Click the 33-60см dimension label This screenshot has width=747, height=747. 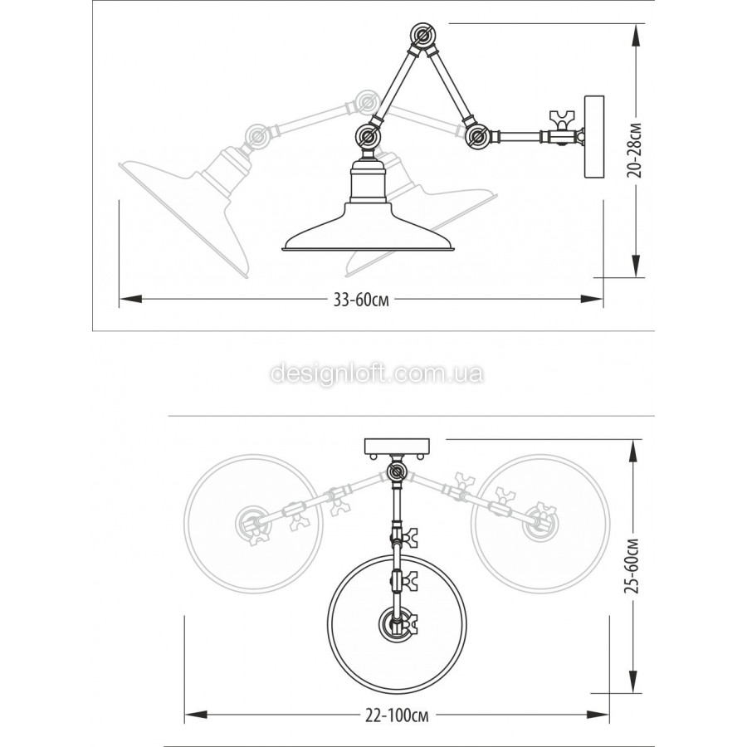click(361, 300)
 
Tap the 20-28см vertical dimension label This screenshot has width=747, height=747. click(635, 150)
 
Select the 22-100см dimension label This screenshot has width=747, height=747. click(397, 715)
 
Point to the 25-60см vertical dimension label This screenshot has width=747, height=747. click(632, 566)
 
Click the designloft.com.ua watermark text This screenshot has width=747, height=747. click(377, 373)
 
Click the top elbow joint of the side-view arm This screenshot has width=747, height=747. click(422, 36)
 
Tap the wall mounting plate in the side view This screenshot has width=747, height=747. click(594, 137)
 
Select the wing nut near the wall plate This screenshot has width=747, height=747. click(562, 119)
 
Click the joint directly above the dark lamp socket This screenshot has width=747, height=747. click(369, 137)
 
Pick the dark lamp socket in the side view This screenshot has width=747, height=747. click(368, 181)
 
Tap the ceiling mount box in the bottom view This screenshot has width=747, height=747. click(397, 446)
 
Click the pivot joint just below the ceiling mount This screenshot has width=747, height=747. click(397, 472)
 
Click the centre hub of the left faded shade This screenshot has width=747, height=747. click(253, 523)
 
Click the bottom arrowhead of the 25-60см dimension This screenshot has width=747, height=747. click(633, 680)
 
